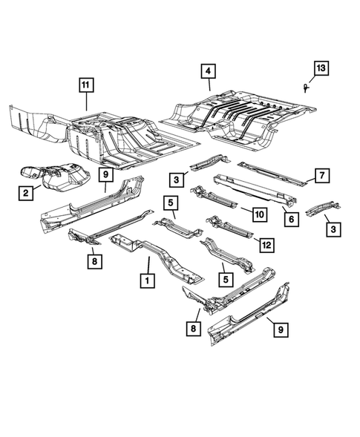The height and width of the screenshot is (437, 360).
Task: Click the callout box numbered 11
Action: pyautogui.click(x=88, y=85)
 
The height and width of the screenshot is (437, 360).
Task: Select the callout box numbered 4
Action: pyautogui.click(x=209, y=71)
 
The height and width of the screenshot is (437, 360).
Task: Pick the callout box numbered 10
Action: pyautogui.click(x=258, y=214)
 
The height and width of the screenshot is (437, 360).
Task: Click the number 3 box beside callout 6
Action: pyautogui.click(x=333, y=230)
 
